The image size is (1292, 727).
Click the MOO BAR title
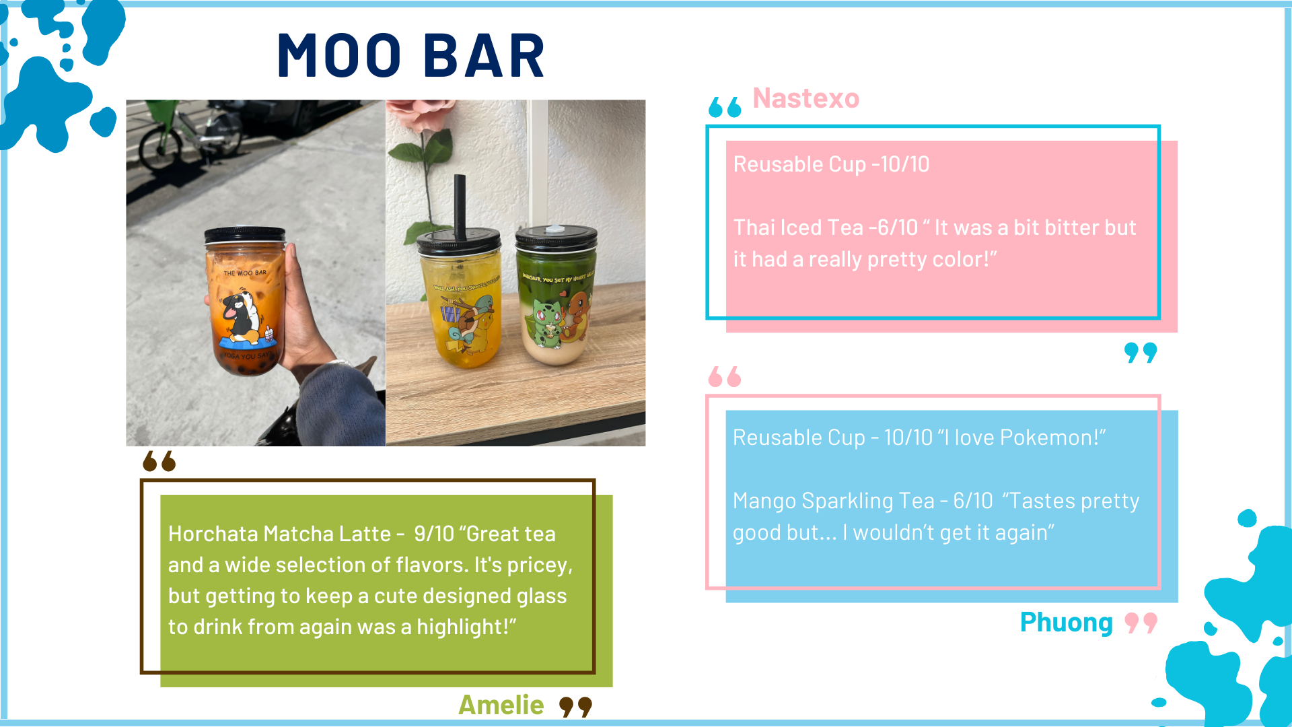pos(410,55)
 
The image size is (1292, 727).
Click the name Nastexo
pos(805,98)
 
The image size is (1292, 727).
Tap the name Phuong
pos(1066,623)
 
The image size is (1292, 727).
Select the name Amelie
pos(501,705)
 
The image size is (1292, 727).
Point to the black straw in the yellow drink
pos(460,205)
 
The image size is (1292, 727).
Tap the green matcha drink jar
pos(557,295)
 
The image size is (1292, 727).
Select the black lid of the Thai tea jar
pos(245,235)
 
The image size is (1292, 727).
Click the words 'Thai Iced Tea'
pos(798,228)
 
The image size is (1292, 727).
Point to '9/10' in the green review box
pos(434,534)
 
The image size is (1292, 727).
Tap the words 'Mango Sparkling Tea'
pos(834,501)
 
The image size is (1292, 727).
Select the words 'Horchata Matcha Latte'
pos(279,534)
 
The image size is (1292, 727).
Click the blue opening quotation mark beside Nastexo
pos(725,106)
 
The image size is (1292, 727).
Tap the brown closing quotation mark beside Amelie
pos(576,707)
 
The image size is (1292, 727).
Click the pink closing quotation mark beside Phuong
pos(1141,623)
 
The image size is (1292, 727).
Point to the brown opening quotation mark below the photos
pos(159,461)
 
